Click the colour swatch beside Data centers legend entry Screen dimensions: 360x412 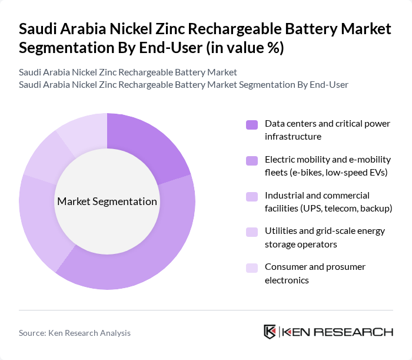(252, 124)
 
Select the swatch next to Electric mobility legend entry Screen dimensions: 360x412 (252, 160)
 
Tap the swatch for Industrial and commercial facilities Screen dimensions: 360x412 (252, 196)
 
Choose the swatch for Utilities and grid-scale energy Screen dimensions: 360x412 (252, 232)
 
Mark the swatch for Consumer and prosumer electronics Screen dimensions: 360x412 (252, 267)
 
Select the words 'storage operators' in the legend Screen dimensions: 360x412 (300, 244)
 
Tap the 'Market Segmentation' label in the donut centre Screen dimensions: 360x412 (107, 202)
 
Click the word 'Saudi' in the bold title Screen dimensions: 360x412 (37, 29)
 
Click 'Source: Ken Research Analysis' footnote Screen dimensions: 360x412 (75, 333)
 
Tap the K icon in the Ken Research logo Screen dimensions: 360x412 (270, 332)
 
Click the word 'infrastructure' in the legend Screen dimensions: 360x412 (293, 136)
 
